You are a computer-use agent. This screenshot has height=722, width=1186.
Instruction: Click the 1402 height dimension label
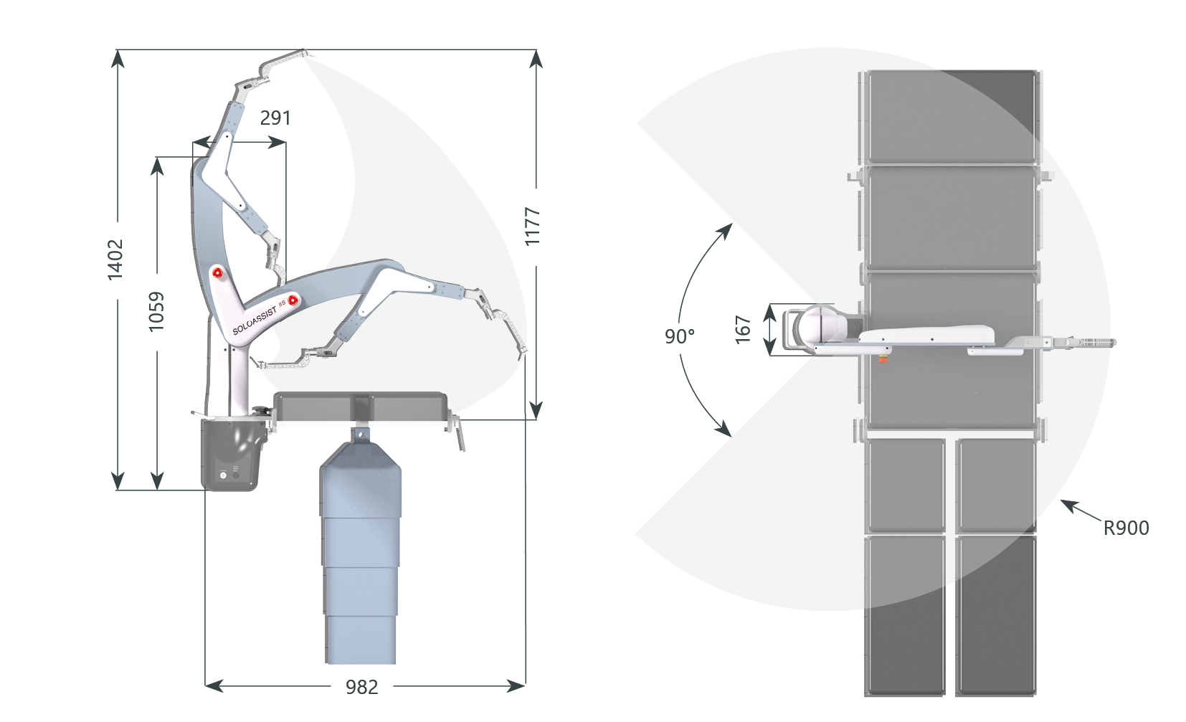click(x=115, y=259)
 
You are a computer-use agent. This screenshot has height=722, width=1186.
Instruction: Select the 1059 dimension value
click(x=156, y=312)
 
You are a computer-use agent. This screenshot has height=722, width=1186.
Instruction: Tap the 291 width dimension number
click(x=275, y=118)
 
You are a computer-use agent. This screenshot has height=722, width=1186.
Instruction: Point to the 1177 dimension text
click(x=532, y=227)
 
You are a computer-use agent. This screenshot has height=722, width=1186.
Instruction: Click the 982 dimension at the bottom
click(x=362, y=687)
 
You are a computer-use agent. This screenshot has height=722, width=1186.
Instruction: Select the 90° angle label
click(x=680, y=336)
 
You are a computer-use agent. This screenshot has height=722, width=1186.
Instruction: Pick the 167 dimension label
click(x=744, y=330)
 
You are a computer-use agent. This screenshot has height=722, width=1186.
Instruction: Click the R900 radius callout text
click(x=1126, y=528)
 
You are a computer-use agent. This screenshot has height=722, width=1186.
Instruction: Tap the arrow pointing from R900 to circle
click(x=1080, y=510)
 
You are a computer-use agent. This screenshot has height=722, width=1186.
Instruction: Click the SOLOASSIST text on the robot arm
click(x=255, y=320)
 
